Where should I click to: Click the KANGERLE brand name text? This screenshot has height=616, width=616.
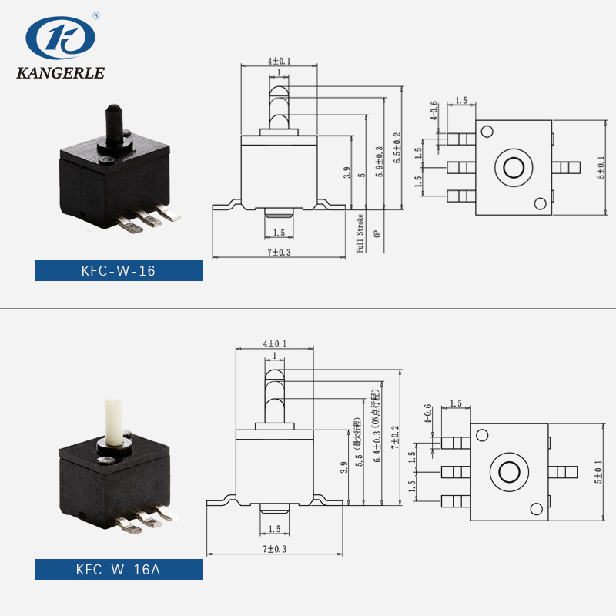click(x=60, y=75)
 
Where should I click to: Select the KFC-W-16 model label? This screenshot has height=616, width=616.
click(x=119, y=270)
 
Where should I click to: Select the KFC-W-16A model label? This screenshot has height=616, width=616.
click(x=119, y=570)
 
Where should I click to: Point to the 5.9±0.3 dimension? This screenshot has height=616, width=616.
click(x=378, y=162)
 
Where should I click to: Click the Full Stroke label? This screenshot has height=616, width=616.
click(x=359, y=233)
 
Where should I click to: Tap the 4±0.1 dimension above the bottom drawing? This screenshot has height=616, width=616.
click(x=274, y=344)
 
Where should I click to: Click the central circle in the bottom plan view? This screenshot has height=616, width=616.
click(x=509, y=471)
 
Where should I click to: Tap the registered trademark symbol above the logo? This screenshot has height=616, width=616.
click(x=95, y=15)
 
